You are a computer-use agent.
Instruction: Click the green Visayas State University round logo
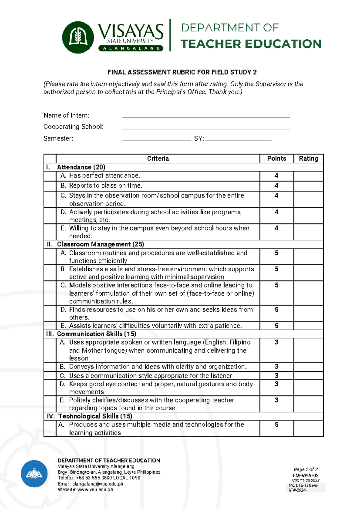pos(78,38)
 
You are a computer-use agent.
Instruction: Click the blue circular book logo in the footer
pos(34,474)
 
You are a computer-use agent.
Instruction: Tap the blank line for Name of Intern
pos(206,116)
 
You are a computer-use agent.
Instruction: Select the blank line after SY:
pos(238,139)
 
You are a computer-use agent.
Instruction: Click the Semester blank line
pos(156,139)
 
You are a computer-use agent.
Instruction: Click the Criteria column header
pos(158,158)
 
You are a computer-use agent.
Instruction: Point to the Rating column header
pos(308,158)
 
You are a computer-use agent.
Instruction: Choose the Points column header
pos(277,158)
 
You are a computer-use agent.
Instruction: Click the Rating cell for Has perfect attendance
pos(308,176)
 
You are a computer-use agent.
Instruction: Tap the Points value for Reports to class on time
pos(277,186)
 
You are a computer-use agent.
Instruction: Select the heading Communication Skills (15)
pos(97,334)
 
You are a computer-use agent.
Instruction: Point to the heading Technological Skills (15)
pos(95,416)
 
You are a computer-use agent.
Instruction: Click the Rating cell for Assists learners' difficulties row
pos(308,326)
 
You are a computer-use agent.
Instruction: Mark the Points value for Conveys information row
pos(277,367)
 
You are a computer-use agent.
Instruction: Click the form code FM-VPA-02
pos(306,476)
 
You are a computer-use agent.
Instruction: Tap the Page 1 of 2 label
pos(306,469)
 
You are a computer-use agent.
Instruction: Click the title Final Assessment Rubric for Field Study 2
pos(182,72)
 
